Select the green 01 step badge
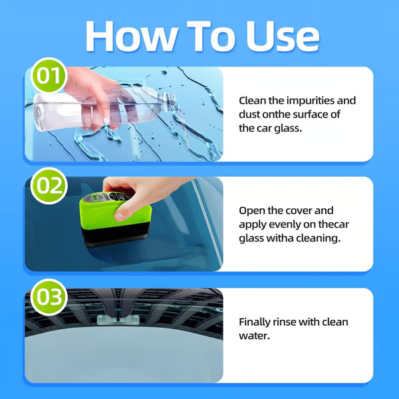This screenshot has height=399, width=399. coord(47,76)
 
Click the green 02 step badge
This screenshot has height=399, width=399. coord(47,185)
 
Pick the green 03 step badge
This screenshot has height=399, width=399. coord(47,297)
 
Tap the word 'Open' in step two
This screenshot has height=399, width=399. coord(252,210)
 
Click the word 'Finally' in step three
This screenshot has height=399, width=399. coord(255,322)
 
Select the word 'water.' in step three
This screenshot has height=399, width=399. coord(253,336)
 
